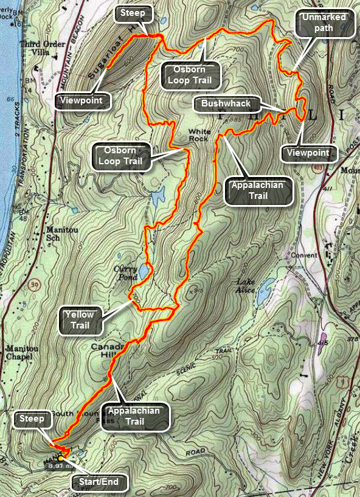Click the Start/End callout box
99,483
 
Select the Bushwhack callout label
226,104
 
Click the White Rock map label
199,134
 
